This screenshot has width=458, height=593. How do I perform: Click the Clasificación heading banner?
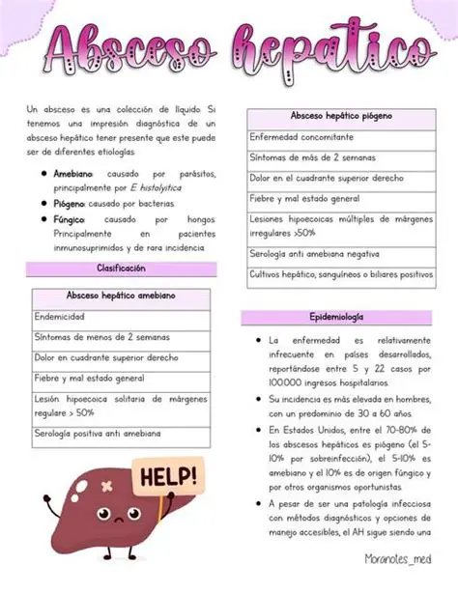(x=121, y=268)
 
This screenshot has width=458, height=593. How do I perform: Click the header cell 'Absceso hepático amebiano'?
(x=121, y=296)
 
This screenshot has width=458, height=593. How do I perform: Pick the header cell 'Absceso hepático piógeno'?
(x=340, y=116)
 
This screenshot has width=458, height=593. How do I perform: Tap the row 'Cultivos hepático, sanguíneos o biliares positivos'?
(x=340, y=274)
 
